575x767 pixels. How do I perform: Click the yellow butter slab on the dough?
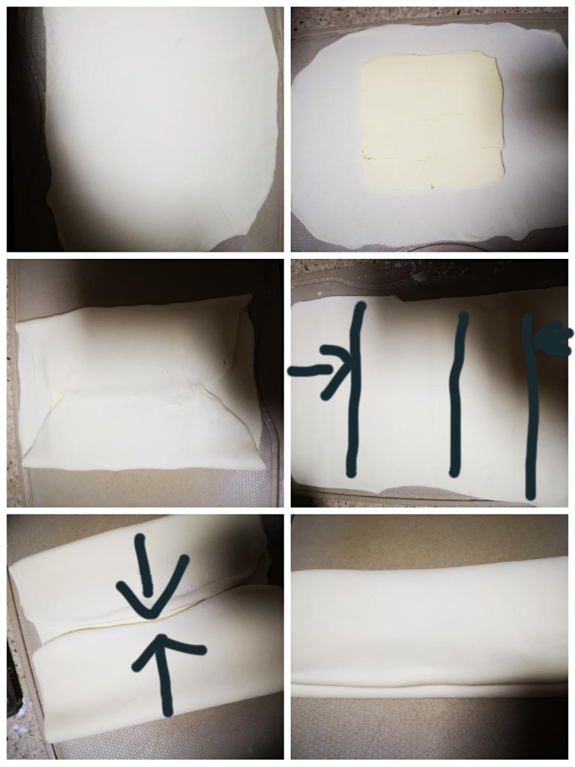coord(432,121)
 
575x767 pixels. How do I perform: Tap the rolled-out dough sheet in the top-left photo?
coord(160,121)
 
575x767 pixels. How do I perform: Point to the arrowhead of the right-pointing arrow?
coord(342,369)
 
